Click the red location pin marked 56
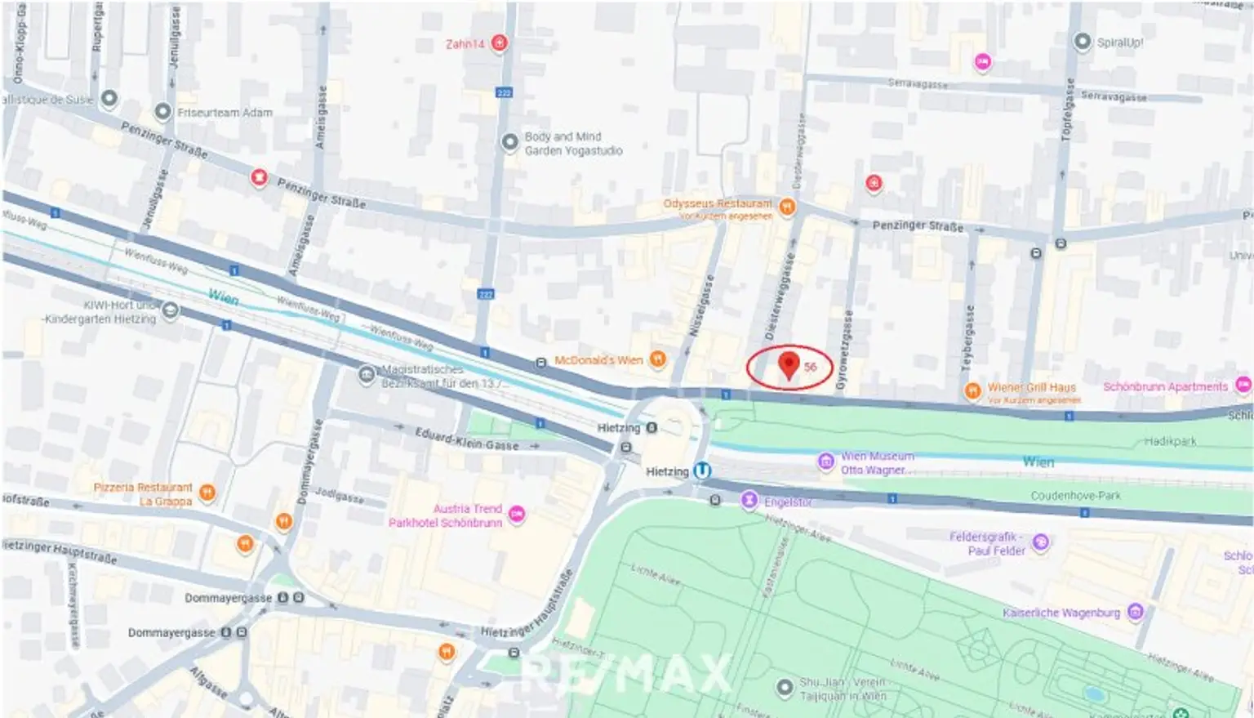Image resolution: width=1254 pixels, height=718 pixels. (789, 364)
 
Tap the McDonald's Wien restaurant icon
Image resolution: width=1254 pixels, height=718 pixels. (658, 359)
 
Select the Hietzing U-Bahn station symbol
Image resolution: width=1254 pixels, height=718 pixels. (702, 471)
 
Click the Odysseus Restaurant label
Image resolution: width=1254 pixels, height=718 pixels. (717, 203)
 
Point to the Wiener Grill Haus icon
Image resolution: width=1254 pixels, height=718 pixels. (972, 390)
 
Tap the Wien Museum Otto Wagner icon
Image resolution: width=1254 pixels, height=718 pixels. (825, 462)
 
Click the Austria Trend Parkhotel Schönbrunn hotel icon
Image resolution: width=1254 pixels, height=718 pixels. (517, 514)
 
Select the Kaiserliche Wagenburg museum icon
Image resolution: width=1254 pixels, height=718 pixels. (1135, 612)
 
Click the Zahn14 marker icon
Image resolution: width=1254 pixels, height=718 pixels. (500, 43)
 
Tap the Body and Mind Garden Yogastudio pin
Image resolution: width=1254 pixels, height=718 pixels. (509, 143)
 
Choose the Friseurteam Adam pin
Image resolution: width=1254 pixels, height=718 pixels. (162, 112)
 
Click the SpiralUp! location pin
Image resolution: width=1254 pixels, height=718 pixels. (1082, 42)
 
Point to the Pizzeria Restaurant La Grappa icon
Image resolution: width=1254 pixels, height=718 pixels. (207, 492)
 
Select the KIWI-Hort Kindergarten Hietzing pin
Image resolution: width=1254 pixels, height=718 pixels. (171, 310)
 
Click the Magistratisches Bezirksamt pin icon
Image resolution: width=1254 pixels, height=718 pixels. (367, 374)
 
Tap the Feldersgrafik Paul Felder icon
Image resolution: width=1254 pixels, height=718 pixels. (1040, 542)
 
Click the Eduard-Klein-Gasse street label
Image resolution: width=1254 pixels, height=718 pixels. (466, 439)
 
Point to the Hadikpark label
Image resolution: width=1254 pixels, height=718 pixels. (1170, 441)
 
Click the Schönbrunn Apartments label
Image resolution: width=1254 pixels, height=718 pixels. (1165, 386)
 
